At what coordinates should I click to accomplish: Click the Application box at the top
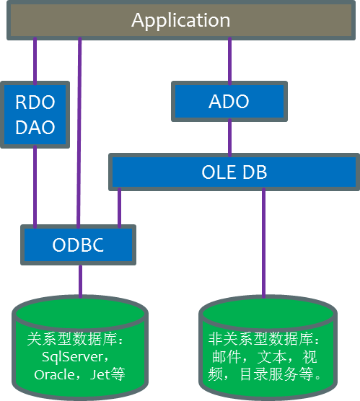tap(180, 20)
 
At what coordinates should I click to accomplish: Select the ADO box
tap(229, 102)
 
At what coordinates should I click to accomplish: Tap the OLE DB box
tap(234, 172)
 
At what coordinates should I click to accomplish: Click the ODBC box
tap(79, 244)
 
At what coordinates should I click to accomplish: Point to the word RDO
tap(35, 102)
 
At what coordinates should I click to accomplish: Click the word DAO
tap(35, 128)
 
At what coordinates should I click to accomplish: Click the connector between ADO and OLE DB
tap(229, 137)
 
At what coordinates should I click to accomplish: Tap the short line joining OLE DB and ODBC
tap(120, 207)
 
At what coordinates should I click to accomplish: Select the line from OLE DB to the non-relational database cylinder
tap(263, 242)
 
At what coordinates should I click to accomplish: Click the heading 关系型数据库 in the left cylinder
tap(72, 339)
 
